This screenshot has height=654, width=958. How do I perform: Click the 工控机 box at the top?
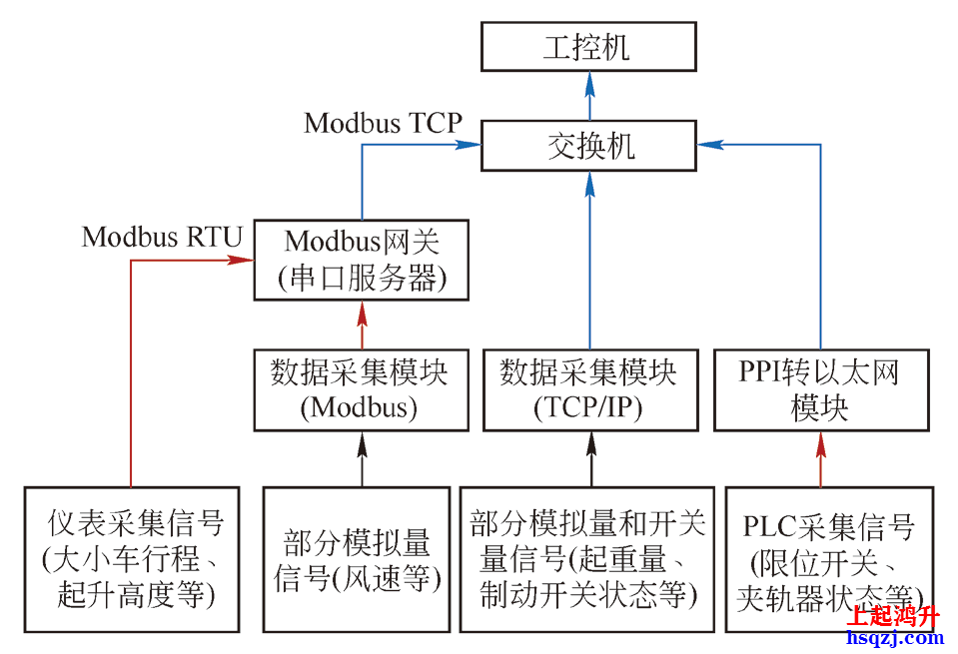(587, 47)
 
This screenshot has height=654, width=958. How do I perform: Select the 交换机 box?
(587, 145)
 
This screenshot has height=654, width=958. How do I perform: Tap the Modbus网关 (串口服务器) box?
(362, 260)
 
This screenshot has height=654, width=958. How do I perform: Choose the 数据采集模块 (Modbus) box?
(361, 389)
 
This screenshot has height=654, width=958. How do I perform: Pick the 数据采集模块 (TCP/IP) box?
(588, 389)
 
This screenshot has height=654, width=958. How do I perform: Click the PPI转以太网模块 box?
(821, 389)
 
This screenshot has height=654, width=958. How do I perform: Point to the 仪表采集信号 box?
(132, 559)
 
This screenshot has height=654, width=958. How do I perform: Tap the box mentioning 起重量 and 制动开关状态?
(587, 559)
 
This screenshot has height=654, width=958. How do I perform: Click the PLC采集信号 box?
(828, 559)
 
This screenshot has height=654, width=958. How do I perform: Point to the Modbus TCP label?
(384, 123)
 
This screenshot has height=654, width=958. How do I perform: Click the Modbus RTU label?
(162, 238)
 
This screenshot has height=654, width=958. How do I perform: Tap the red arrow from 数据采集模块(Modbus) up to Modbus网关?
(362, 324)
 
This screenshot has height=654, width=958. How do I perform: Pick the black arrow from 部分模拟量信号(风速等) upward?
(362, 458)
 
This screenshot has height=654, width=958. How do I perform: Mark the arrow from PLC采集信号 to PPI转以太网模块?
(821, 458)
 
